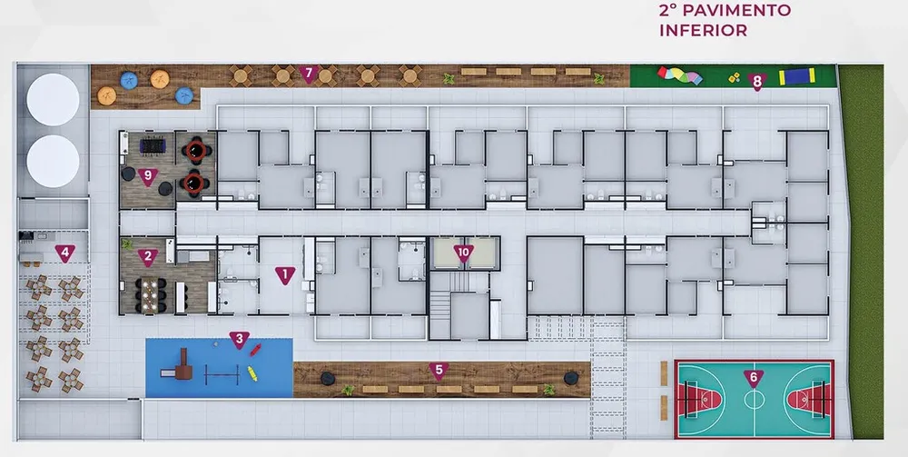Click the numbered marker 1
[285, 275]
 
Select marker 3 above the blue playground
[239, 340]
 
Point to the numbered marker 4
[64, 253]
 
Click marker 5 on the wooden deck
[439, 372]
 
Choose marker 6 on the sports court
[754, 378]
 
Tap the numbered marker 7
[309, 75]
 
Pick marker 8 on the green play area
[757, 82]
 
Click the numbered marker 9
[148, 176]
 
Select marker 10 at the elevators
[463, 253]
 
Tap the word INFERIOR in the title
[703, 30]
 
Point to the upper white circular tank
[53, 100]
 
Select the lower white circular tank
[53, 161]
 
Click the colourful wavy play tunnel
[680, 75]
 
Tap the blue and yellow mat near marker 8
[797, 76]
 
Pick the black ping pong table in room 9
[153, 145]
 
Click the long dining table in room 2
[151, 295]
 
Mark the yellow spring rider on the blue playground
[252, 373]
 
